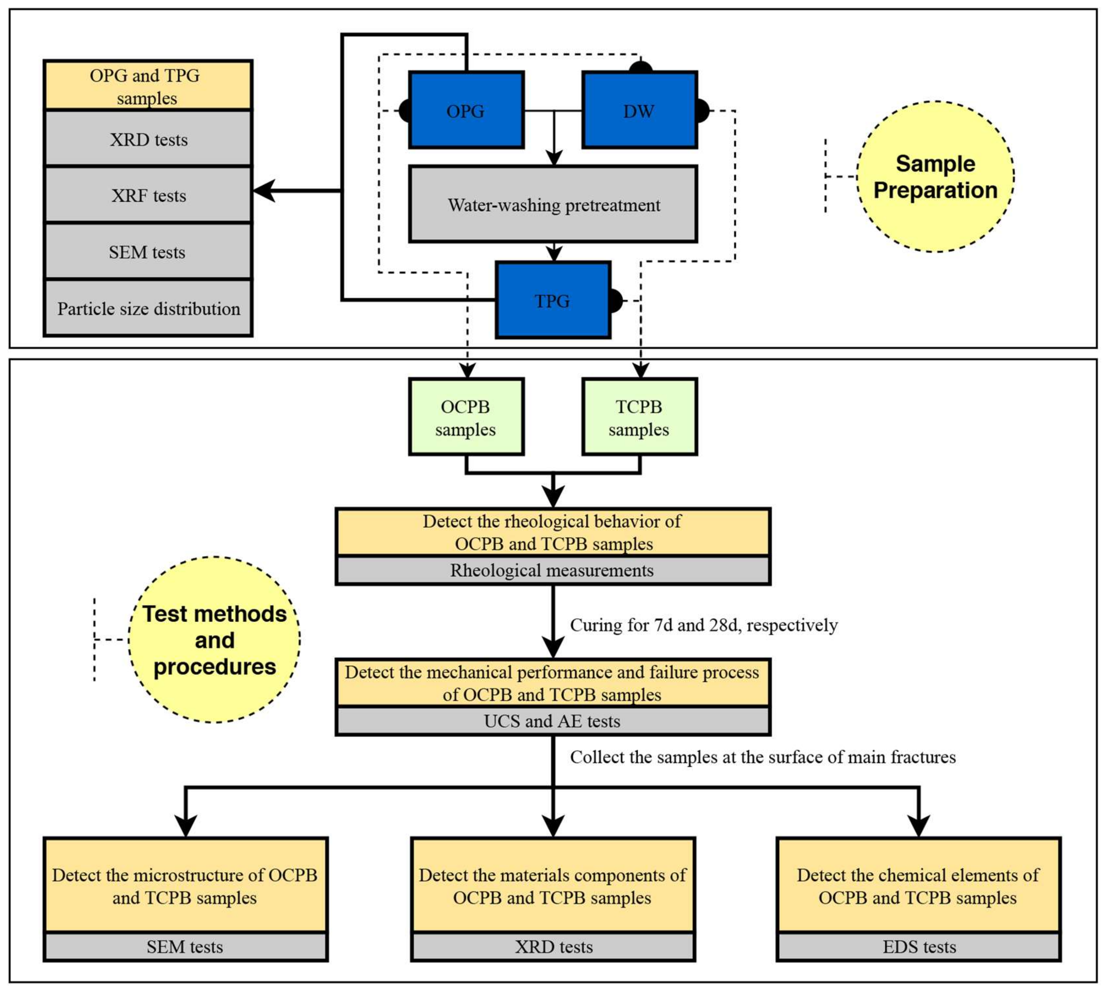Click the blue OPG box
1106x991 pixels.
[x=466, y=110]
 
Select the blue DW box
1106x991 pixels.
[x=639, y=110]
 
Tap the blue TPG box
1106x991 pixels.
[x=553, y=300]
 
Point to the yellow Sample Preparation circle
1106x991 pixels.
[x=935, y=176]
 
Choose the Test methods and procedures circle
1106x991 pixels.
[x=215, y=639]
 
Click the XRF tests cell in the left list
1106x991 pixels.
[x=148, y=194]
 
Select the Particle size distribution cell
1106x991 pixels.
[x=148, y=308]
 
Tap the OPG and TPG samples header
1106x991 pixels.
[x=148, y=86]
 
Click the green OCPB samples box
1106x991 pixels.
[x=466, y=417]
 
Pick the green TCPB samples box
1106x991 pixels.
[x=639, y=417]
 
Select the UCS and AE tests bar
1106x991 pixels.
[x=553, y=721]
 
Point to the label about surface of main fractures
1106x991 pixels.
[x=762, y=757]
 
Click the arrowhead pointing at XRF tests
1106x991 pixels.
[x=264, y=191]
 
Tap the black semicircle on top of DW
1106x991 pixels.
[x=640, y=66]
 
